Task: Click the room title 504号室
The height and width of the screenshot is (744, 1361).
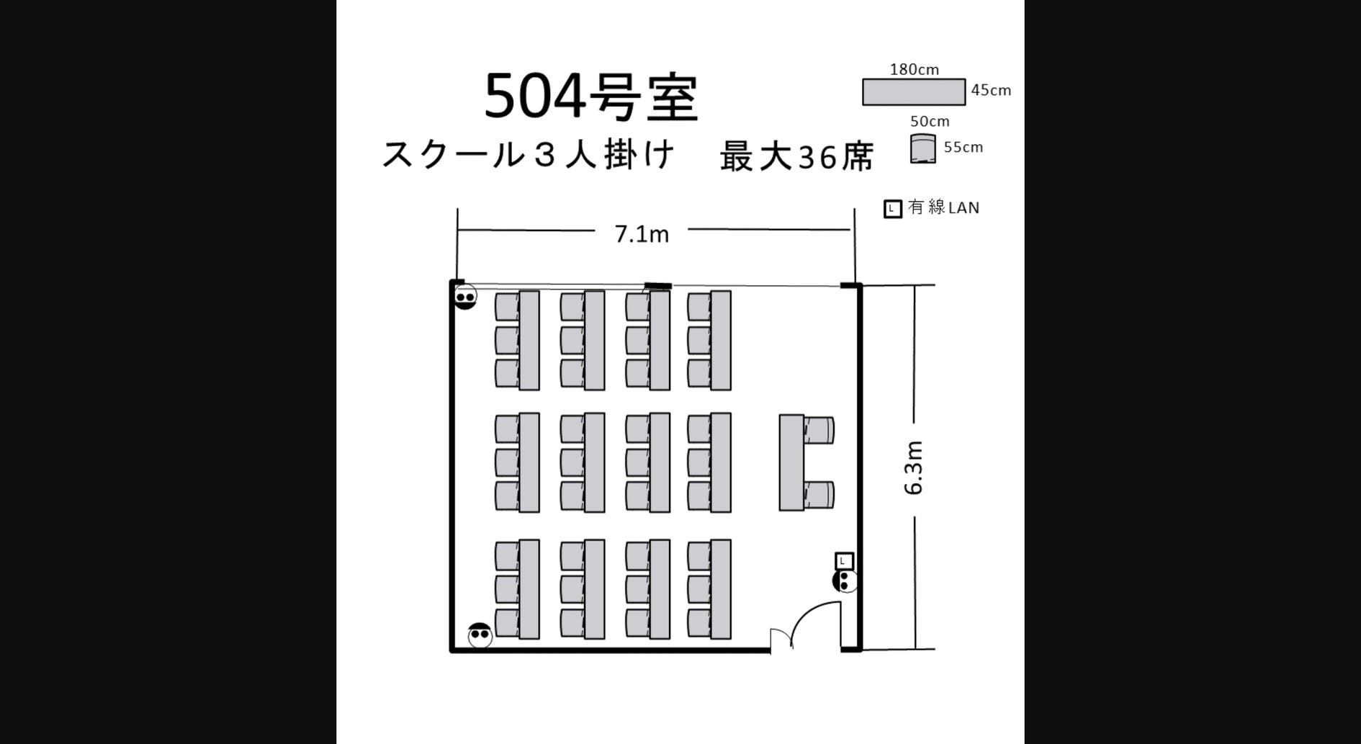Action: (590, 97)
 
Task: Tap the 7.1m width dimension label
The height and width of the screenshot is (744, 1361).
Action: (642, 233)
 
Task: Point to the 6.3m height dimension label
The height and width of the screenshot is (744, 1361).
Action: (913, 467)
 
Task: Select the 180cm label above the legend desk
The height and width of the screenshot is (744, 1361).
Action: (914, 70)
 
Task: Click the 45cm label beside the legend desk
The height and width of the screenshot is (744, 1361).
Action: (991, 91)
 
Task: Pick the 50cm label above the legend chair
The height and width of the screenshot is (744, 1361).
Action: (930, 121)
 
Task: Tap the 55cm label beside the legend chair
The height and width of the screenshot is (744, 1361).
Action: (963, 148)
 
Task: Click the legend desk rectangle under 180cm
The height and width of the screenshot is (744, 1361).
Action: (914, 92)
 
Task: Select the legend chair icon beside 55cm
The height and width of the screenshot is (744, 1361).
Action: (922, 149)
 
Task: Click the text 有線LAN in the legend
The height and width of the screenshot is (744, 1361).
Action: (943, 207)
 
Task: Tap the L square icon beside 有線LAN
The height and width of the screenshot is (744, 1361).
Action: (892, 209)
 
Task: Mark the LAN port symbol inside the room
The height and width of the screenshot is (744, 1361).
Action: (844, 560)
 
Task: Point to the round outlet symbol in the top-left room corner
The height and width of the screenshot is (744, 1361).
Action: (465, 297)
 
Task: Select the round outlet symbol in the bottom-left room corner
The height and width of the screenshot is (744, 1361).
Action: (480, 635)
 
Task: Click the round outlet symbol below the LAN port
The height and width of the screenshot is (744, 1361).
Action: (845, 581)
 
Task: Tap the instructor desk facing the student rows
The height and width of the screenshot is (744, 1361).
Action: (791, 462)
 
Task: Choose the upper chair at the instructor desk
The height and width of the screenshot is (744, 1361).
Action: (819, 430)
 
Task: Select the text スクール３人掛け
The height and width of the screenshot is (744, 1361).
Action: (528, 155)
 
